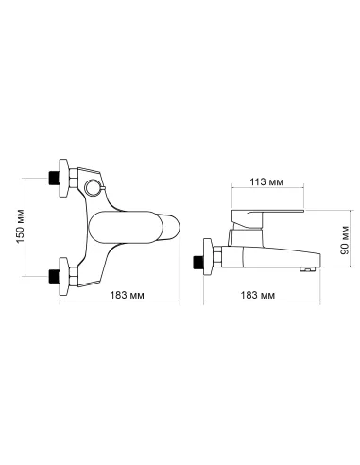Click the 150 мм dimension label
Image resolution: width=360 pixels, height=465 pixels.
[x=21, y=226]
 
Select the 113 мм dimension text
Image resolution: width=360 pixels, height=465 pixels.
[x=266, y=181]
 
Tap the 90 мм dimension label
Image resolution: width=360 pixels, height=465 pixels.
[x=345, y=240]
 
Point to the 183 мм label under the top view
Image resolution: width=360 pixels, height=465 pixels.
[x=128, y=295]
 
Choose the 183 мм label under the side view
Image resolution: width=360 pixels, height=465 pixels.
[x=258, y=295]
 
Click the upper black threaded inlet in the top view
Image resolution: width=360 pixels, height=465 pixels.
[x=54, y=178]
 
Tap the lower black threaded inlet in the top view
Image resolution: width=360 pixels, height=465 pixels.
[x=54, y=276]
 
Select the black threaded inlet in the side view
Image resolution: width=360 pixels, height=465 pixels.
[x=198, y=262]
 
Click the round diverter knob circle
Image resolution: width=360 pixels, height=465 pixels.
[x=93, y=187]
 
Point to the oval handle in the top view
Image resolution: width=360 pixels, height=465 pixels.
[x=126, y=227]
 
